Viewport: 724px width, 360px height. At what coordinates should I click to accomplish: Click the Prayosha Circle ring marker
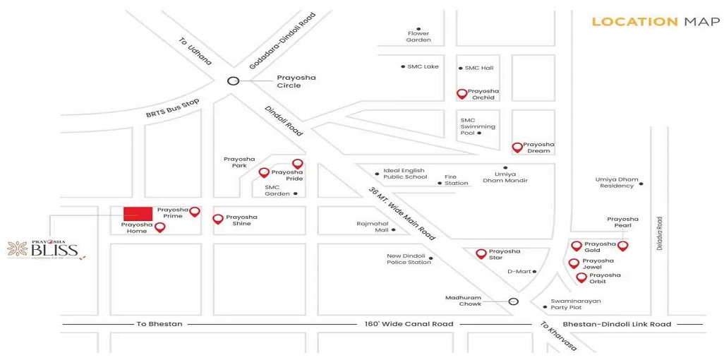pos(232,80)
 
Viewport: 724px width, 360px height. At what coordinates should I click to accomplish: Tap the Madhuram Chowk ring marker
pos(514,301)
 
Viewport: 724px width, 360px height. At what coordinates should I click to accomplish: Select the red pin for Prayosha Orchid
pos(461,93)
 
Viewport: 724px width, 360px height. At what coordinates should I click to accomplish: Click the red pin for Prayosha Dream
pos(517,147)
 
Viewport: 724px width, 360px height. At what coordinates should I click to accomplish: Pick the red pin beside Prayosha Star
pos(481,253)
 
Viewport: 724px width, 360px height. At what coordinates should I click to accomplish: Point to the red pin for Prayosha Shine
pos(218,220)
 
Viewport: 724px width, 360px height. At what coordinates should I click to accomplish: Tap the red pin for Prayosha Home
pos(160,227)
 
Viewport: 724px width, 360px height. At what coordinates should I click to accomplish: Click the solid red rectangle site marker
pos(138,213)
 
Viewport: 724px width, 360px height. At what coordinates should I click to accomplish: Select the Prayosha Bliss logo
pos(46,249)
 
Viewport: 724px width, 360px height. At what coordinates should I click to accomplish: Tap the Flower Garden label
pos(418,37)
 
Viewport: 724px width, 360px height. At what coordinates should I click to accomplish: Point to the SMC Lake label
pos(422,67)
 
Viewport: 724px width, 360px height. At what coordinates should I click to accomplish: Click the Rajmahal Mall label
pos(373,227)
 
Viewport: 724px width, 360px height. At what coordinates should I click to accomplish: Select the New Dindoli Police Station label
pos(409,259)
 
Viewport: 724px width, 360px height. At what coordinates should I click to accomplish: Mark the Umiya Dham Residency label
pos(617,182)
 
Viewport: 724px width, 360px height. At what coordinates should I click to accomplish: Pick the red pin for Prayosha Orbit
pos(581,277)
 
